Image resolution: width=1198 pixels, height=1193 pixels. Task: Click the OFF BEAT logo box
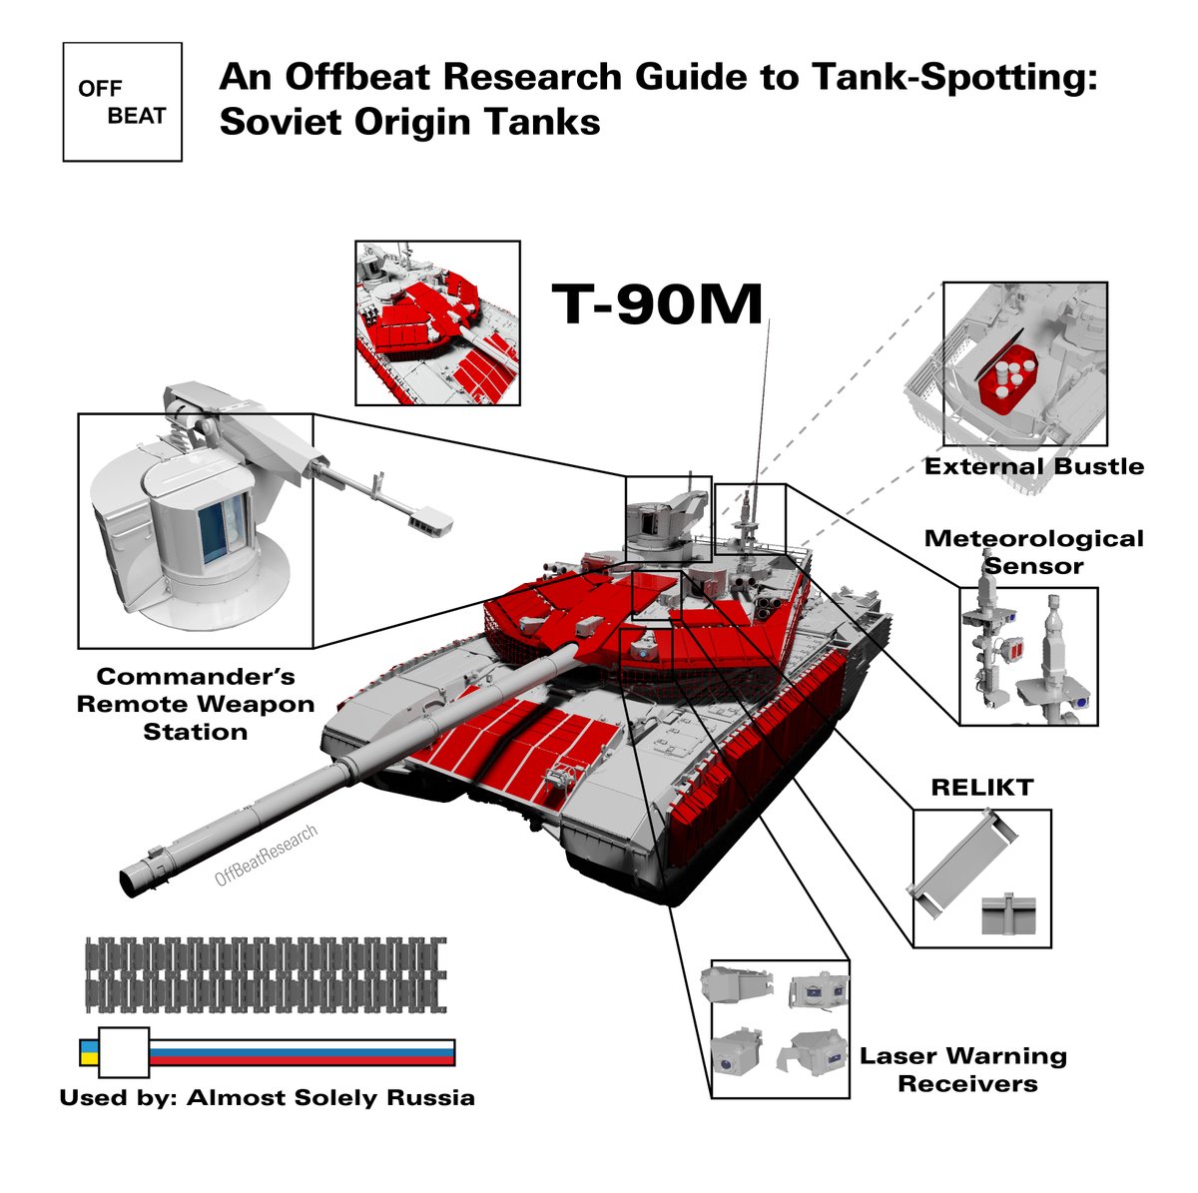click(122, 102)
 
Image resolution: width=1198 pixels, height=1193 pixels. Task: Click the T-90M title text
click(658, 304)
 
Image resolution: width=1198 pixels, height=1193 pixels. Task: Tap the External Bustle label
click(1033, 466)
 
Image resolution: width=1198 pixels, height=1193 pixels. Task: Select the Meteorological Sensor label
click(1033, 552)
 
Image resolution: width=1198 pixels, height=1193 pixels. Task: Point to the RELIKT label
click(981, 788)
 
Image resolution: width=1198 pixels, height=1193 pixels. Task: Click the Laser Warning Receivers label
click(962, 1069)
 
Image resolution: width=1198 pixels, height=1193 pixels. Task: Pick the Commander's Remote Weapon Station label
click(196, 704)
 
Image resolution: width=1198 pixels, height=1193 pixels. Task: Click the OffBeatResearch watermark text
click(267, 857)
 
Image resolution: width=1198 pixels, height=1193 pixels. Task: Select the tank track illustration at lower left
click(266, 972)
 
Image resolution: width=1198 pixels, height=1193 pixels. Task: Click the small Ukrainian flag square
click(89, 1052)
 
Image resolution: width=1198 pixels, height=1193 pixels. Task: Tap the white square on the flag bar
click(124, 1052)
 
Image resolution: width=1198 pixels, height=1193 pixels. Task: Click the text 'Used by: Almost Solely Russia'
click(267, 1098)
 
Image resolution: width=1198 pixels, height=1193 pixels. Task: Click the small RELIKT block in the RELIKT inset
click(1009, 914)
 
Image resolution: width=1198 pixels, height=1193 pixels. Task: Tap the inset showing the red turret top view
click(437, 322)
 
